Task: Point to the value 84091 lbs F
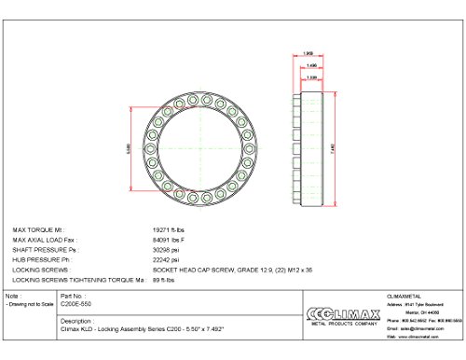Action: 169,239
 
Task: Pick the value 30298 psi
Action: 165,249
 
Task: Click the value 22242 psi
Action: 165,259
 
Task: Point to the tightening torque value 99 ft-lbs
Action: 163,280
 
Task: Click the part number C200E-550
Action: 75,305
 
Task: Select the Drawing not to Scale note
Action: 28,305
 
